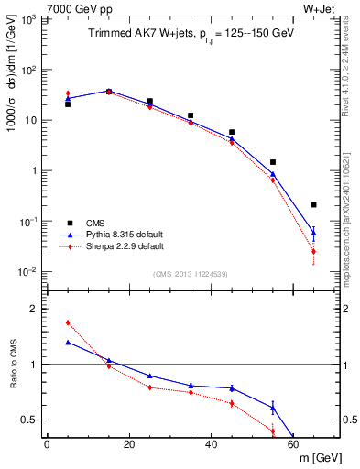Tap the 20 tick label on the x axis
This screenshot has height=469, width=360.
[128, 444]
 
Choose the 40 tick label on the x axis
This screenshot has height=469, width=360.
[211, 444]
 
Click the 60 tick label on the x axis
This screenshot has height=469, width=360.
[293, 444]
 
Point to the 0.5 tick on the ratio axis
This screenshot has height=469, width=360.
[30, 420]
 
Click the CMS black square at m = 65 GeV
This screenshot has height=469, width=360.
[313, 204]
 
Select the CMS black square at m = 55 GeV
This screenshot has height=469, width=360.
[273, 162]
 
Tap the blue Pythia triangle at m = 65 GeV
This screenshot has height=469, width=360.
[313, 233]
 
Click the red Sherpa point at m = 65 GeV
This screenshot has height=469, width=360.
[313, 251]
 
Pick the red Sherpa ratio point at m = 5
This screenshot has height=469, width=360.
[68, 322]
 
